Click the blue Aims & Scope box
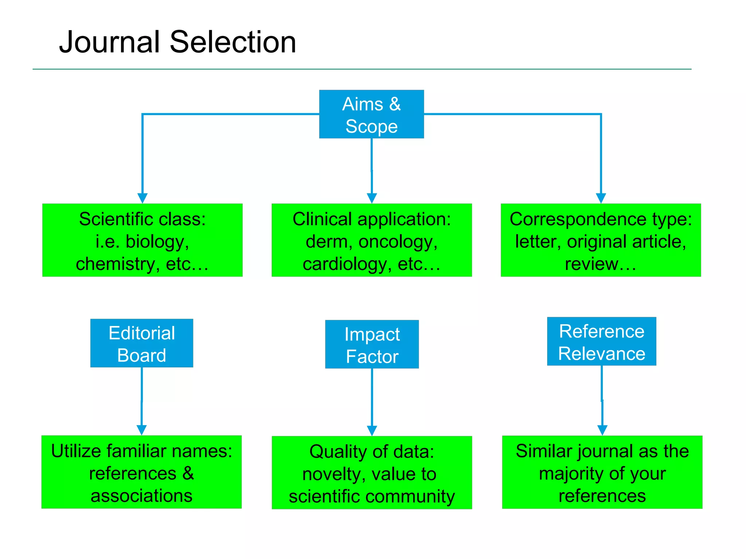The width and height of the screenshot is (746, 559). tap(371, 114)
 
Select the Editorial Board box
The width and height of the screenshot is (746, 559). tap(142, 343)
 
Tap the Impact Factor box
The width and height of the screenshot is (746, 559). tap(372, 344)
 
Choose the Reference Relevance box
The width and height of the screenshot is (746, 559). tap(601, 341)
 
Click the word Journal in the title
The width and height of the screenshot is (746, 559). tap(110, 42)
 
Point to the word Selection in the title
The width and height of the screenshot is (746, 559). tap(233, 42)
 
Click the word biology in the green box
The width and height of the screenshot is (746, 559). tap(157, 242)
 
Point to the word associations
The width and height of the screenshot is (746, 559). tap(141, 496)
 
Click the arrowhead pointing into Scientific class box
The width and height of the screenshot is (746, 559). tap(142, 198)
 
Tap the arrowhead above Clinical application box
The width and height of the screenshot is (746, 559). tap(372, 198)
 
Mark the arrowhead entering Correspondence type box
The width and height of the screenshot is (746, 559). tap(601, 198)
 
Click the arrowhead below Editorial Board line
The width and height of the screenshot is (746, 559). tap(142, 430)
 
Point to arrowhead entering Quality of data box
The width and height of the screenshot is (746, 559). tap(372, 431)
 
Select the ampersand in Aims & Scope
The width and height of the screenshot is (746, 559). tap(395, 104)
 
